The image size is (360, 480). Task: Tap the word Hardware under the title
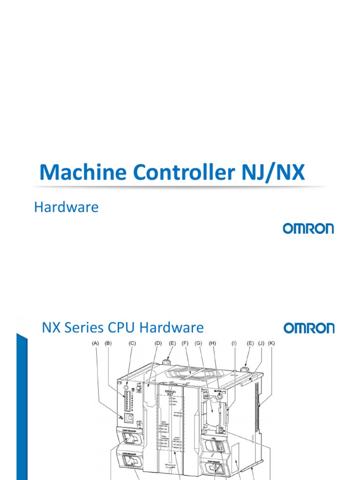66,207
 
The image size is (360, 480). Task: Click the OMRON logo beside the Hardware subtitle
308,228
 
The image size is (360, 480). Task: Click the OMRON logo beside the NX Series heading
308,328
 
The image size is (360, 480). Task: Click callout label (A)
96,344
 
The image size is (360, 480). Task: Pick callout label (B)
108,344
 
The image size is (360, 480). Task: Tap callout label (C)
132,344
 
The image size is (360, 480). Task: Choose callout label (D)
158,344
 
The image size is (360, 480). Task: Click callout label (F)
185,344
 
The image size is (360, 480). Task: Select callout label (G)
199,344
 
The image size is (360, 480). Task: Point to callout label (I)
233,344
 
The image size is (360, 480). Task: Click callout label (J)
261,344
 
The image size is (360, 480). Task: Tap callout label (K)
272,344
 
